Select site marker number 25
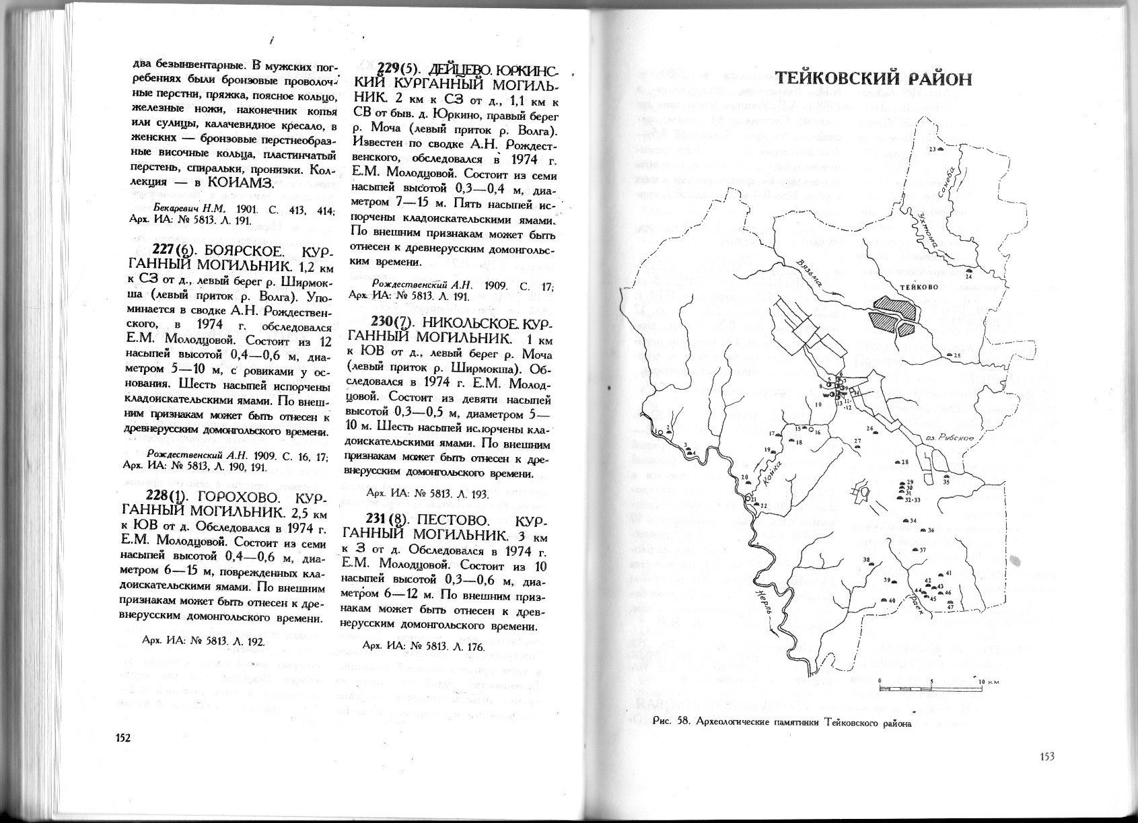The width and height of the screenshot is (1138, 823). tap(950, 355)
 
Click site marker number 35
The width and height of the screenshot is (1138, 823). tap(946, 476)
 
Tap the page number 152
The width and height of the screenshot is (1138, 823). tap(122, 737)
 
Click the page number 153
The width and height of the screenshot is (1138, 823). tap(1046, 756)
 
